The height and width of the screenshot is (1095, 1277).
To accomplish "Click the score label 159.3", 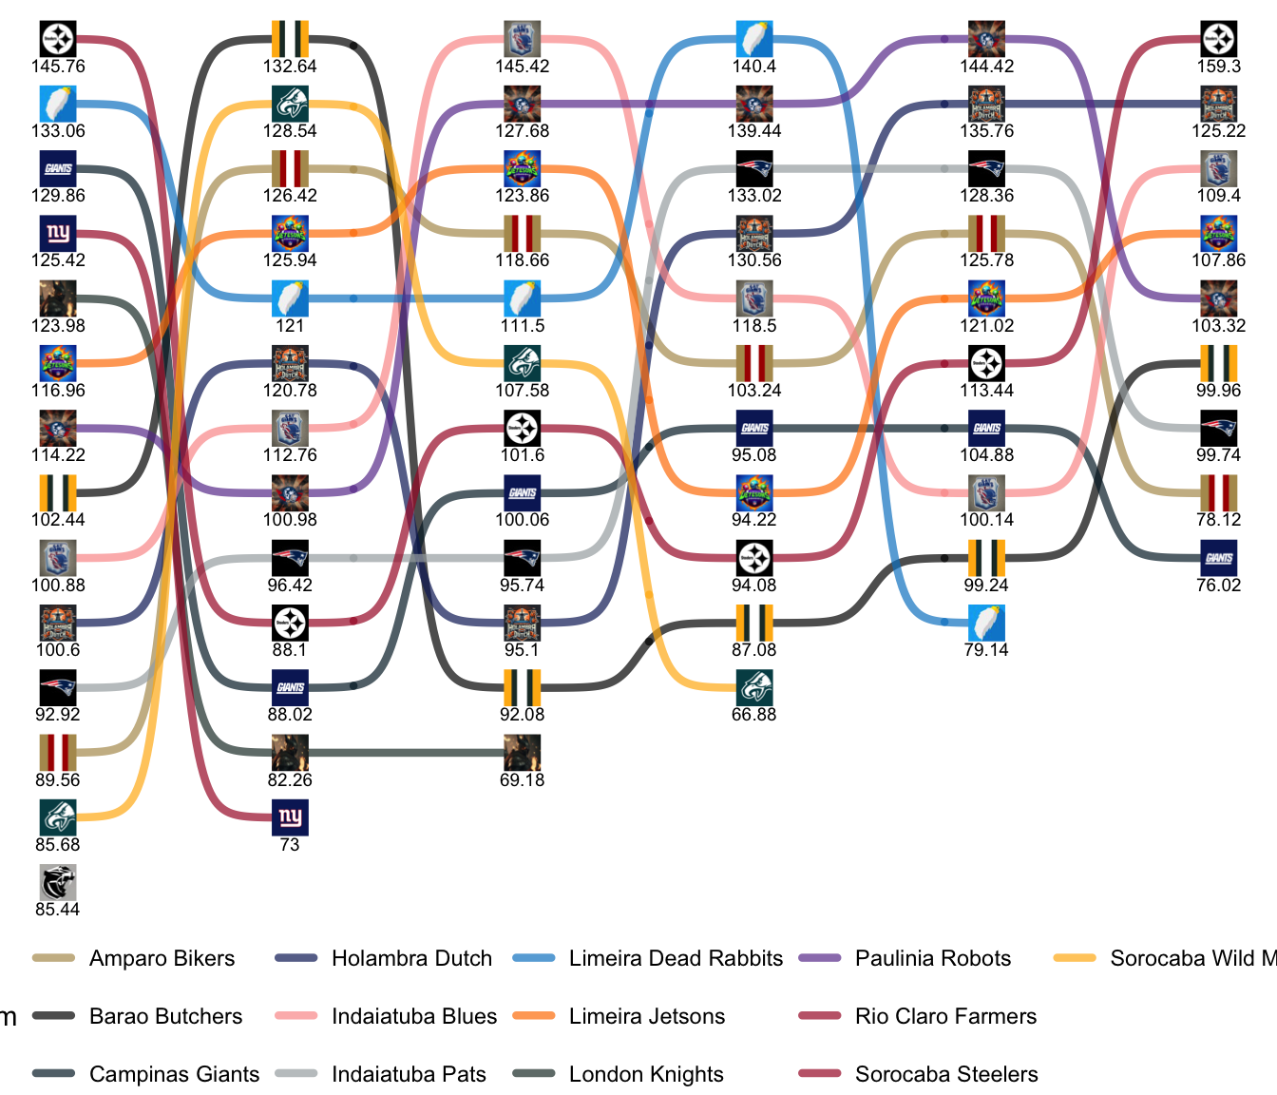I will coord(1219,67).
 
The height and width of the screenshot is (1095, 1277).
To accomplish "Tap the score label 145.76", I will coord(58,67).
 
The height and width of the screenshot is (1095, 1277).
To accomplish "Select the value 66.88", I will coord(754,715).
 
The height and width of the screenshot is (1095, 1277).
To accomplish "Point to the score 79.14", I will coord(986,650).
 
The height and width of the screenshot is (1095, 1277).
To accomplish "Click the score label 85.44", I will coord(58,910).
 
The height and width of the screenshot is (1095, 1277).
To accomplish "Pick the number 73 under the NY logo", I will coord(290,845).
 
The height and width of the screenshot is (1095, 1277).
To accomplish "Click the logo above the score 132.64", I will coord(290,39).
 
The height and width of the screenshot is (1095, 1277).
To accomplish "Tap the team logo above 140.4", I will coord(754,39).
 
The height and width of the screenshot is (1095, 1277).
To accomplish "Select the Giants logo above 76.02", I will coord(1219,558).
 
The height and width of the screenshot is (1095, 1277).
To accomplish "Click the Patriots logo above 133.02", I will coord(754,169).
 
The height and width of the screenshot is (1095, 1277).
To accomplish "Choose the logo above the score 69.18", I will coord(522,753).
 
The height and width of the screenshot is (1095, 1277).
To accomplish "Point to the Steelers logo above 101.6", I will coord(522,429).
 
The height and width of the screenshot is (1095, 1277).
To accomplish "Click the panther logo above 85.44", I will coord(58,882).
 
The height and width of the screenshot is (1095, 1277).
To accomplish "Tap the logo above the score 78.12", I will coord(1219,493).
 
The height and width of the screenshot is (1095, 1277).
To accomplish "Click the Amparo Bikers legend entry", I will coord(162,958).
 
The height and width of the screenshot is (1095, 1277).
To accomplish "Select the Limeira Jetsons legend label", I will coord(646,1016).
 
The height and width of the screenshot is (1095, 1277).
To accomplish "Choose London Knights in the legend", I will coord(646,1074).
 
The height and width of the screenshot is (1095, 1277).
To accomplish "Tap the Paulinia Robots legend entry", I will coord(932,958).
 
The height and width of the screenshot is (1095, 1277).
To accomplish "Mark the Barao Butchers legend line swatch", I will coord(54,1016).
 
